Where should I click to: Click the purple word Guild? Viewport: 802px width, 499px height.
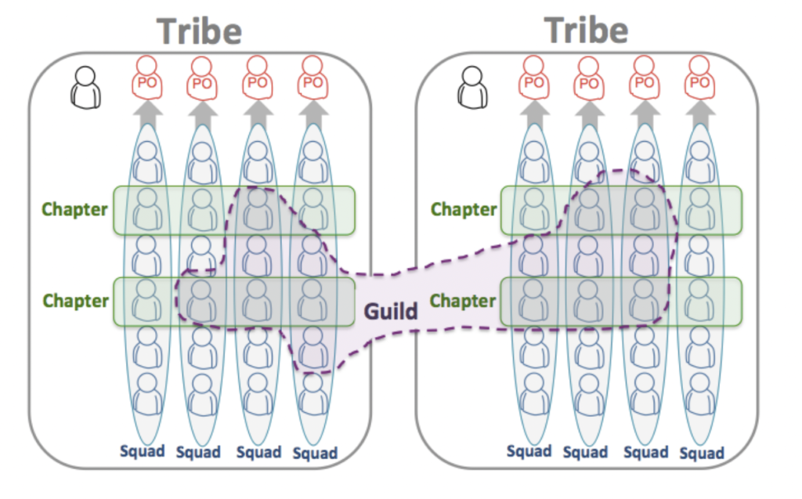pyautogui.click(x=391, y=311)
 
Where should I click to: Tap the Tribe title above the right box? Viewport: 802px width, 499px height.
pyautogui.click(x=587, y=31)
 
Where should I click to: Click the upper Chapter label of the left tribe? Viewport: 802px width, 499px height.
pyautogui.click(x=74, y=209)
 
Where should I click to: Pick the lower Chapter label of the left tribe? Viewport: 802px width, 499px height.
pyautogui.click(x=75, y=301)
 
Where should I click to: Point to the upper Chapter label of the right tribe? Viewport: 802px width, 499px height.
pyautogui.click(x=464, y=209)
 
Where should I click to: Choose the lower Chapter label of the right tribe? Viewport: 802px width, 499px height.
pyautogui.click(x=464, y=301)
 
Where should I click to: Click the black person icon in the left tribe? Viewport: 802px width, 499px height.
pyautogui.click(x=85, y=86)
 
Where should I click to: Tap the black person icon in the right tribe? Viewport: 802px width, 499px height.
pyautogui.click(x=473, y=86)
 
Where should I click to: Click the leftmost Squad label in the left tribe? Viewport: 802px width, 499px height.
pyautogui.click(x=143, y=451)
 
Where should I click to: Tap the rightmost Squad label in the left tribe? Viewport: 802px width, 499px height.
pyautogui.click(x=315, y=453)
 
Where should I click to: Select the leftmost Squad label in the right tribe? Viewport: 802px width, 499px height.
pyautogui.click(x=529, y=451)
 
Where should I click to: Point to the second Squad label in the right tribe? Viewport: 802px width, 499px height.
pyautogui.click(x=585, y=453)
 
